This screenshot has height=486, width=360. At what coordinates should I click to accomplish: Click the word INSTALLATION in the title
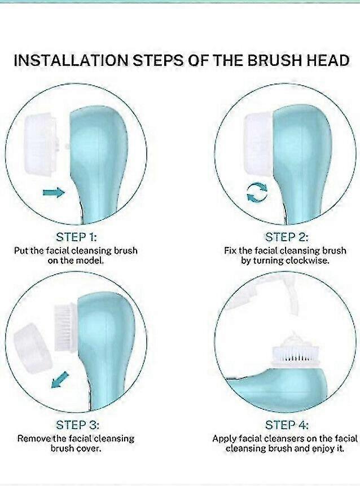71,60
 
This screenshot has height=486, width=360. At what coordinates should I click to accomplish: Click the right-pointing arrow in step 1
54,192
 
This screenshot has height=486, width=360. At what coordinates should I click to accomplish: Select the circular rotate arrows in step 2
257,192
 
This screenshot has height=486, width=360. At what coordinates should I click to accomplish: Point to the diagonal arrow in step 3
60,379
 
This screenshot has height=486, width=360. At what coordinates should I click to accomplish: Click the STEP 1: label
76,237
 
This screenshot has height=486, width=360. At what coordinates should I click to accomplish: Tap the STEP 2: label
287,237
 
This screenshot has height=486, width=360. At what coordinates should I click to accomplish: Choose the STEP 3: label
77,425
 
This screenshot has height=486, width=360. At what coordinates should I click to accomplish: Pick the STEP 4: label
287,425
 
